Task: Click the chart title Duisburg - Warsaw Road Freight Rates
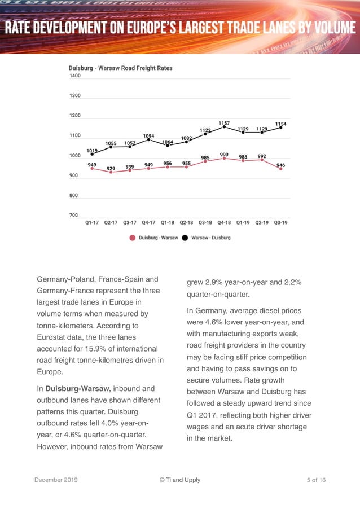[120, 68]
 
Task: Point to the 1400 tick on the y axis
[74, 76]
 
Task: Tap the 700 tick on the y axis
[74, 215]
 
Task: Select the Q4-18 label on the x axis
[224, 223]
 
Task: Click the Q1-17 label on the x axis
[93, 223]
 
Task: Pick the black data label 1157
[224, 122]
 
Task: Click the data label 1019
[91, 150]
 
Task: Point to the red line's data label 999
[224, 155]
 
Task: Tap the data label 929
[111, 169]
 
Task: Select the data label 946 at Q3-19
[280, 165]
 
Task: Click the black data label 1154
[280, 124]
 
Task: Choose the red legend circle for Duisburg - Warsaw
[133, 238]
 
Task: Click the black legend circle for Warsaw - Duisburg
[185, 238]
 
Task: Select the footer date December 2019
[56, 480]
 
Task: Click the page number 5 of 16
[316, 480]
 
